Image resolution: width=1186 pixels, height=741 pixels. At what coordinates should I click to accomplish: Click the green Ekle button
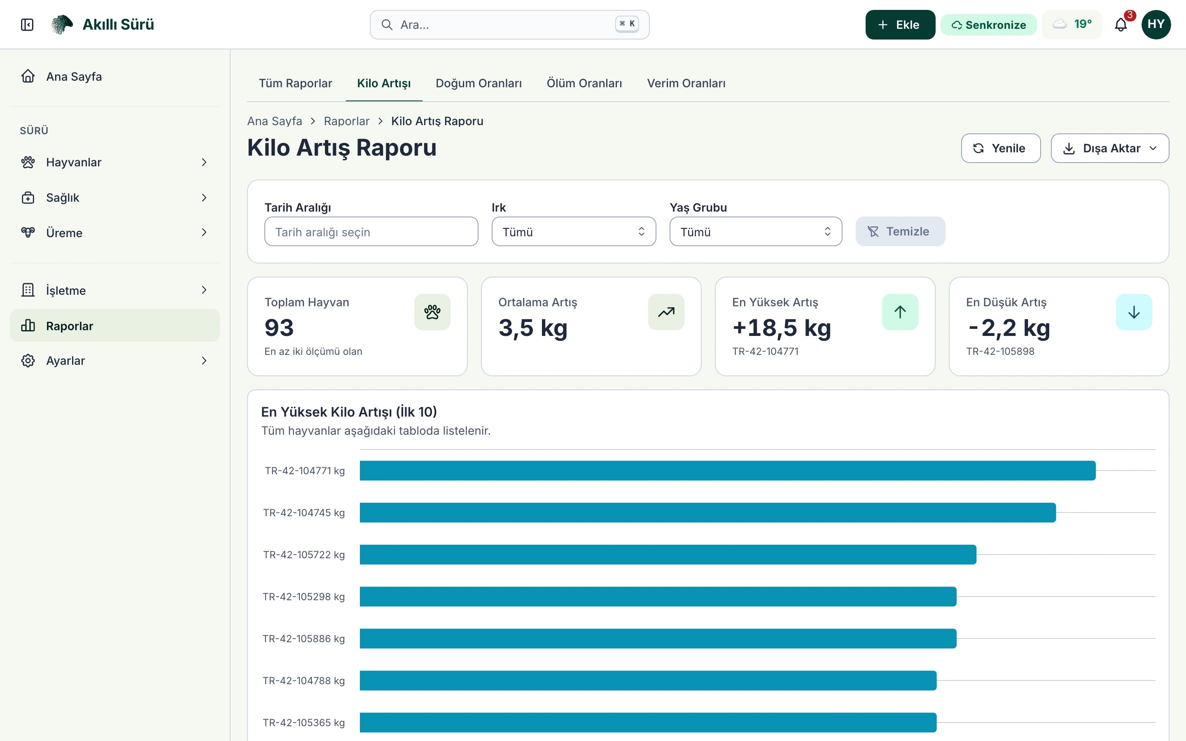(900, 25)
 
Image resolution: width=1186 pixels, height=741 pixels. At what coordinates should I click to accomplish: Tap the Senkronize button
(988, 25)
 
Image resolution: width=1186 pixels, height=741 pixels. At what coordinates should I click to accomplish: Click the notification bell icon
(1121, 25)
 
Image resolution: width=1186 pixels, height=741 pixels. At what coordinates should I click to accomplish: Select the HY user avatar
(1156, 25)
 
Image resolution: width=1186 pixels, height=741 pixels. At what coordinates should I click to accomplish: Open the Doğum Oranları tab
(479, 83)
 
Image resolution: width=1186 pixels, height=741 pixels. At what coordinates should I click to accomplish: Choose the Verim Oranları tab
(686, 83)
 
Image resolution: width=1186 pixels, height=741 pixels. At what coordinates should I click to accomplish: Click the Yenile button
(1001, 148)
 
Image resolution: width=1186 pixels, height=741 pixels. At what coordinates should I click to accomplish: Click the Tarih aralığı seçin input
(371, 231)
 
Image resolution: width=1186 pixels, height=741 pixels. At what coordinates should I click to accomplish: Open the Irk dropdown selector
(573, 231)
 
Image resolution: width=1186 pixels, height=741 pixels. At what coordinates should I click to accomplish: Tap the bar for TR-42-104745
(707, 513)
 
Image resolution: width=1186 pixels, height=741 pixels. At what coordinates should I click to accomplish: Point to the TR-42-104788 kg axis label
(304, 681)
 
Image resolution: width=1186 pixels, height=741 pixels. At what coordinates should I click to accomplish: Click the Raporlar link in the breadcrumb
(346, 121)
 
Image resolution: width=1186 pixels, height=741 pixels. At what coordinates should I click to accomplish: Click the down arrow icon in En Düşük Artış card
(1134, 312)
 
